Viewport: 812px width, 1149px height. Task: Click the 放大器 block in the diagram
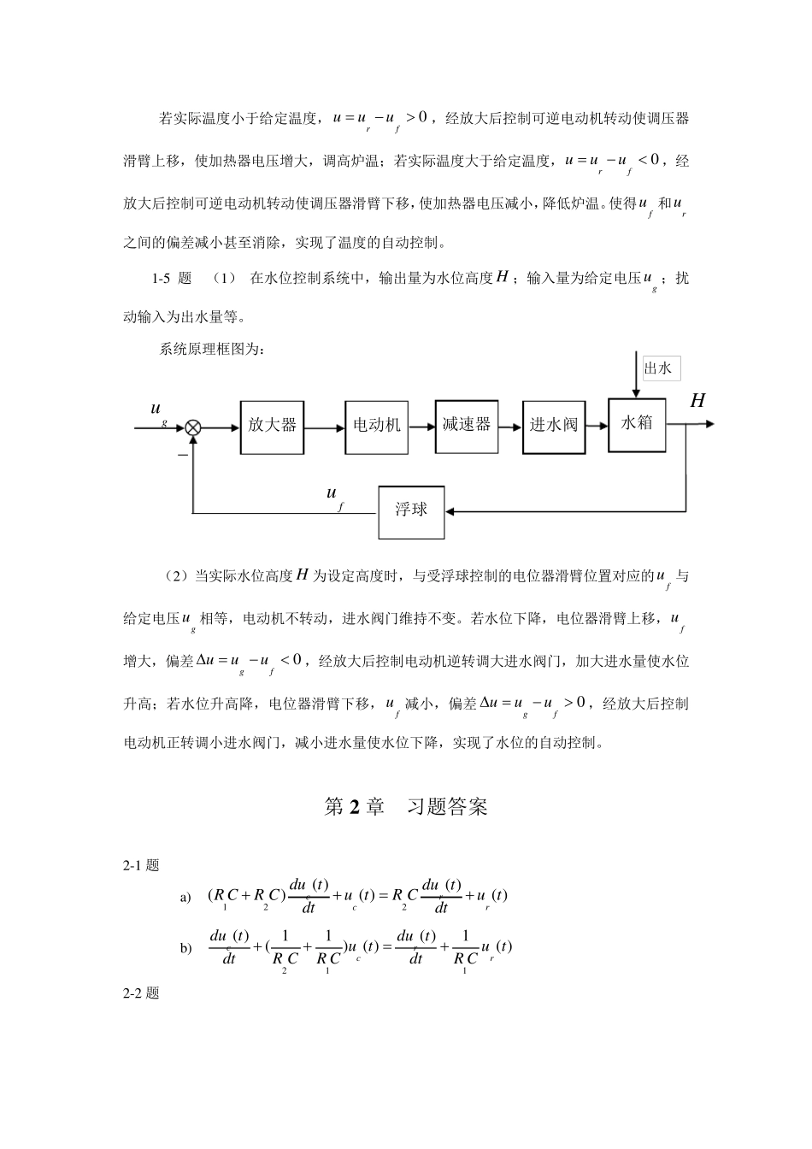(272, 425)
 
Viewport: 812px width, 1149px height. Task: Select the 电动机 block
(377, 425)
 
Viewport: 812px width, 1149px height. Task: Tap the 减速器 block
(466, 425)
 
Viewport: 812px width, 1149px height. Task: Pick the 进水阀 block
(554, 425)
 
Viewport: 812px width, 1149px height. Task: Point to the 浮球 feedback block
(411, 511)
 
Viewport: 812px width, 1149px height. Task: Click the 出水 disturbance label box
(659, 369)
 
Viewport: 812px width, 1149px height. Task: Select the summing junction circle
(194, 427)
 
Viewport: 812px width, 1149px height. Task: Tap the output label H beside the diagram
(697, 401)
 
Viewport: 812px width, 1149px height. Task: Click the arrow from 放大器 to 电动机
(324, 427)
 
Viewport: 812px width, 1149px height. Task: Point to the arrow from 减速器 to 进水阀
(510, 427)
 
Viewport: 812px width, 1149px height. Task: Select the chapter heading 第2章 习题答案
(406, 806)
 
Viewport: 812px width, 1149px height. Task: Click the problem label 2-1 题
(141, 865)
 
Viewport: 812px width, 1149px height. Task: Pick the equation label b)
(185, 949)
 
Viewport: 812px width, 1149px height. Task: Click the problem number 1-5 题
(172, 278)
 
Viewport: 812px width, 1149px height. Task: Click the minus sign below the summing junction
(182, 457)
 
